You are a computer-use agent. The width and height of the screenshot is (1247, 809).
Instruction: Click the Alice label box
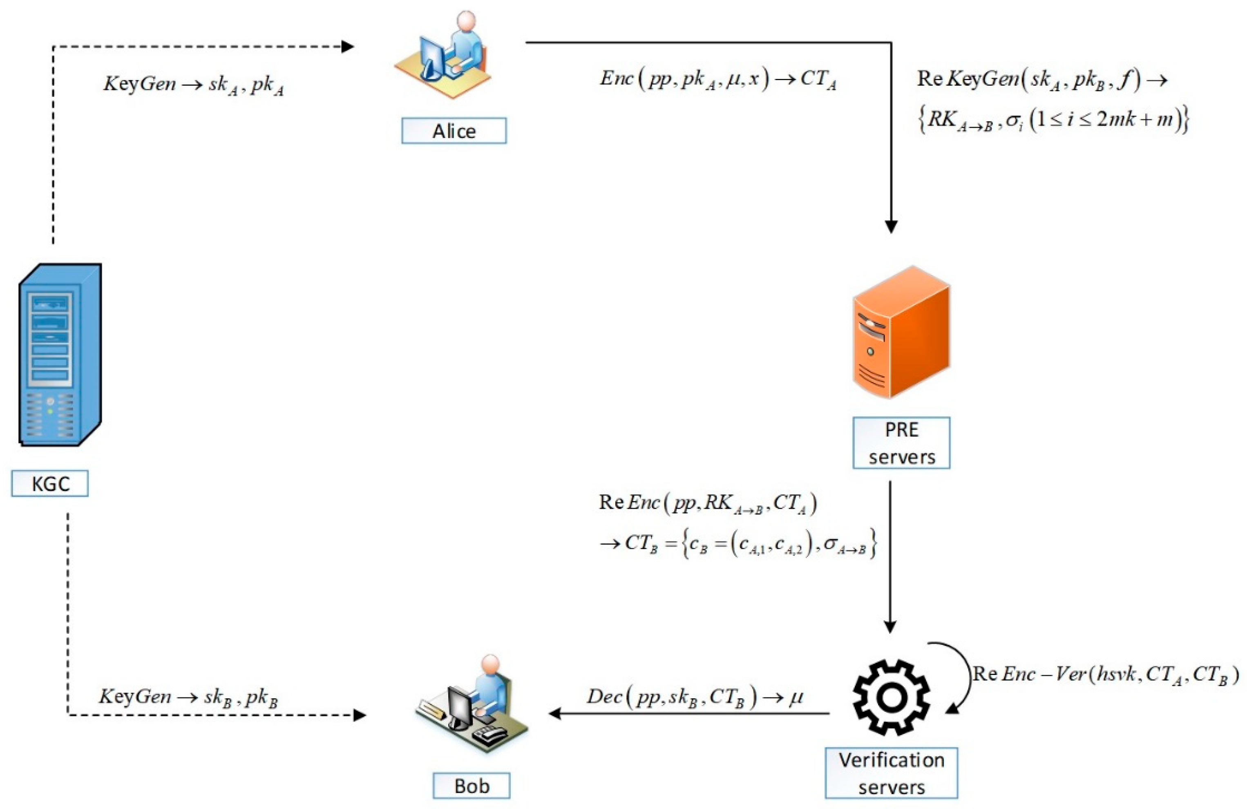[454, 130]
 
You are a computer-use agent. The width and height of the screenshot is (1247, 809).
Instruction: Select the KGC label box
[50, 483]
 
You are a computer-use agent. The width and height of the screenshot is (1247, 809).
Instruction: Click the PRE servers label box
[901, 443]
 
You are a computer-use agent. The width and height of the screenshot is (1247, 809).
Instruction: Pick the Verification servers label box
[891, 773]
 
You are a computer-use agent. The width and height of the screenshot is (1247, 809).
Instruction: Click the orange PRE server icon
[901, 333]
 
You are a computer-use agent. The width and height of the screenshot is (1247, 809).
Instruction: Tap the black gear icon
[891, 697]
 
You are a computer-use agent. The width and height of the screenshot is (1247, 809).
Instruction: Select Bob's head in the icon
[490, 664]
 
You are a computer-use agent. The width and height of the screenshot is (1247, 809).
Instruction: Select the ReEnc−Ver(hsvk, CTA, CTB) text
[1106, 674]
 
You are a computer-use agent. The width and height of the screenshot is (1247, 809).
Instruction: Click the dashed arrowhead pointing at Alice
[347, 47]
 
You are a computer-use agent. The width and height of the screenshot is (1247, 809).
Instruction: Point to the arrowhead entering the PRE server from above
[891, 226]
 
